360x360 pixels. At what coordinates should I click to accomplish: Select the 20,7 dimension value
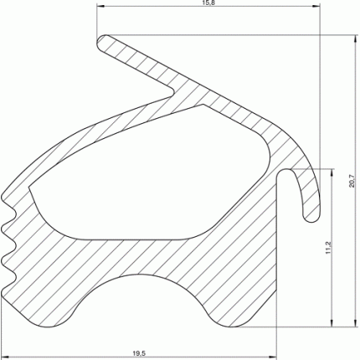352,181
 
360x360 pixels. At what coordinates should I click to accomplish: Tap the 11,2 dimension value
328,248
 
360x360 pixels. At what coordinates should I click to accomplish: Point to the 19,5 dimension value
139,353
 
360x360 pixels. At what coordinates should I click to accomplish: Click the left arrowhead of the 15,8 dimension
100,6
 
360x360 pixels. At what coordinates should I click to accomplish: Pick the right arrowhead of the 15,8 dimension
316,6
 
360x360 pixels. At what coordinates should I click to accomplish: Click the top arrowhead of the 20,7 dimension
355,39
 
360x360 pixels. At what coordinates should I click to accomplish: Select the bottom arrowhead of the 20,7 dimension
355,322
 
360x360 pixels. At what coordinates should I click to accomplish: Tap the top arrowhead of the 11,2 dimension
332,172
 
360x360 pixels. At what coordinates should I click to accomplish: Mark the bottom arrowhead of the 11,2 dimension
332,322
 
